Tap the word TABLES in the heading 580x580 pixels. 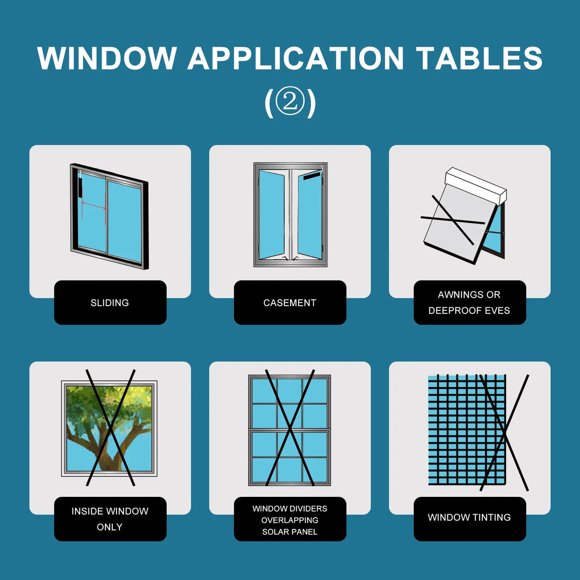(x=479, y=59)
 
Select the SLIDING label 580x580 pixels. (x=110, y=302)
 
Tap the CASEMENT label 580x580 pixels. (x=290, y=302)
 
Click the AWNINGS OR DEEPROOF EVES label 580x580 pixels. (x=469, y=302)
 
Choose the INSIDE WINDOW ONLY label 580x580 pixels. (x=110, y=519)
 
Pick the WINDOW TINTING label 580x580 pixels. (x=469, y=517)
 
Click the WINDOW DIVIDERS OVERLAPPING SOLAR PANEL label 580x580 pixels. (x=290, y=520)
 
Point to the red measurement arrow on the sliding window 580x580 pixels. (x=94, y=205)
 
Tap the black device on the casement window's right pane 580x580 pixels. (x=311, y=176)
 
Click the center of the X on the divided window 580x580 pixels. (x=290, y=429)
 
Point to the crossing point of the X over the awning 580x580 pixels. (x=451, y=220)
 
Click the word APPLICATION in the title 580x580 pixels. (x=296, y=59)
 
